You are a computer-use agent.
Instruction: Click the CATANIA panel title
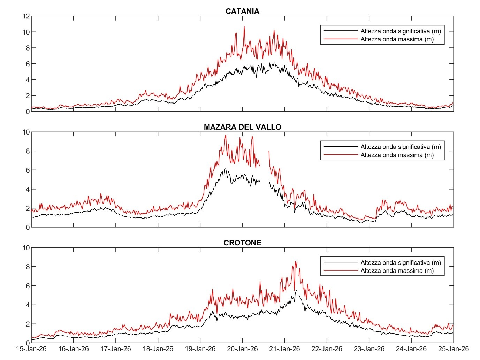(242, 11)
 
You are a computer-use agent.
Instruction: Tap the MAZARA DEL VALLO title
(242, 127)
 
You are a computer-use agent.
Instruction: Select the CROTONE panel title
(242, 243)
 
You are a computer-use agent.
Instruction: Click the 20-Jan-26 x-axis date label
(242, 349)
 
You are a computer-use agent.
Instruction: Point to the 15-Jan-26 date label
(31, 349)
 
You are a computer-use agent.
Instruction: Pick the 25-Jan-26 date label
(453, 349)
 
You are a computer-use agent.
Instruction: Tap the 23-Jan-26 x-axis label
(369, 349)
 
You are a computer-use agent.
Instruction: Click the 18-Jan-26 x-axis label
(158, 349)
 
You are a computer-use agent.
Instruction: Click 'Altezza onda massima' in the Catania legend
(397, 39)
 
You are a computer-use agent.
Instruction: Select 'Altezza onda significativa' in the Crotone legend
(401, 263)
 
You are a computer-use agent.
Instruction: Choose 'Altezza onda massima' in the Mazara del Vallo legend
(397, 155)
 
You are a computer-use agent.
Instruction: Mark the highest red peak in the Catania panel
(244, 27)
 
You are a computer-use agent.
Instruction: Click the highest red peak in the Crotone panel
(296, 261)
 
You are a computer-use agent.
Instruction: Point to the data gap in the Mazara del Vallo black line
(265, 181)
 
